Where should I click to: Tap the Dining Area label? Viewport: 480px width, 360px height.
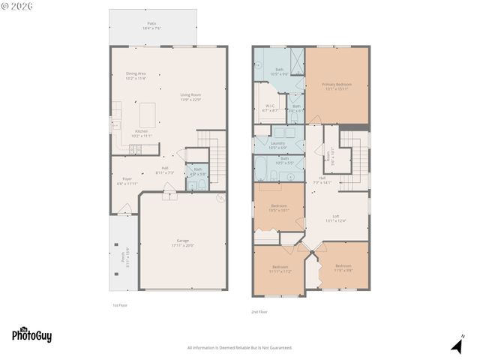(x=136, y=73)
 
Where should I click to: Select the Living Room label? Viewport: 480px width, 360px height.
(x=190, y=94)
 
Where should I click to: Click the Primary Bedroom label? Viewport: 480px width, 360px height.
(x=337, y=85)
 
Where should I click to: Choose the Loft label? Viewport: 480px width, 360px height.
(x=337, y=217)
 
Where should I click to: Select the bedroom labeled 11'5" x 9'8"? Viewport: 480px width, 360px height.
(x=343, y=266)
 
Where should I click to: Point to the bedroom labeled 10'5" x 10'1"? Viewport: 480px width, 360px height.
(x=279, y=208)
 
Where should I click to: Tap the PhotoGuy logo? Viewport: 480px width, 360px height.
(x=31, y=335)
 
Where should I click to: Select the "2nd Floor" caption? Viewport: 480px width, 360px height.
(x=259, y=312)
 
